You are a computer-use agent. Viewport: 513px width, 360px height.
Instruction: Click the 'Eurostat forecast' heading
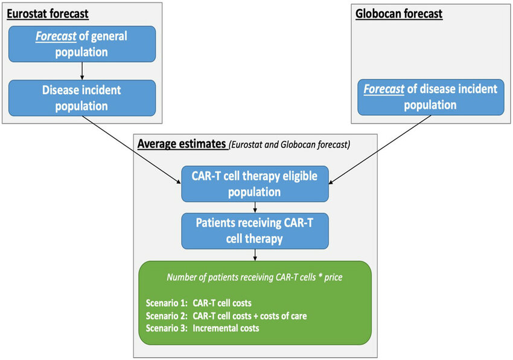pyautogui.click(x=48, y=14)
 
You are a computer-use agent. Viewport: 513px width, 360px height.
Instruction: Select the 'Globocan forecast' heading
pyautogui.click(x=399, y=14)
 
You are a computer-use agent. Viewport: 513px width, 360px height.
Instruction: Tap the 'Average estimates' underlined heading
pyautogui.click(x=182, y=144)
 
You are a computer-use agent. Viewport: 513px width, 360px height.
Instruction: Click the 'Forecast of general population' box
pyautogui.click(x=82, y=44)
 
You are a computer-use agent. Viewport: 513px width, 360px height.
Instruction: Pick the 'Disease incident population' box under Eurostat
pyautogui.click(x=82, y=98)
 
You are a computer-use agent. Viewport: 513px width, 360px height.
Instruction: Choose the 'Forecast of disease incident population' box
pyautogui.click(x=430, y=97)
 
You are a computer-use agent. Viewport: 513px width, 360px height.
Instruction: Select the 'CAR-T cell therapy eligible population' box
pyautogui.click(x=255, y=184)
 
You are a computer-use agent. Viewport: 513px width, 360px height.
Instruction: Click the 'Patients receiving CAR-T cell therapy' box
pyautogui.click(x=255, y=231)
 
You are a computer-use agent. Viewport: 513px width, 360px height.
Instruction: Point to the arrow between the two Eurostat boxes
pyautogui.click(x=82, y=71)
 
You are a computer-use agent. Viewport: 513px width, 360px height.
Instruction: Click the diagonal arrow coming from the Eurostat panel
pyautogui.click(x=132, y=150)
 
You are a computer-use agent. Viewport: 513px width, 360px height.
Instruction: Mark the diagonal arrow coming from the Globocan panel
pyautogui.click(x=380, y=149)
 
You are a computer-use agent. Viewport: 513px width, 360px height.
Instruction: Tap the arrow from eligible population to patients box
pyautogui.click(x=255, y=207)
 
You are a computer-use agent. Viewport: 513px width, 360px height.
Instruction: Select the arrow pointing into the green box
pyautogui.click(x=255, y=255)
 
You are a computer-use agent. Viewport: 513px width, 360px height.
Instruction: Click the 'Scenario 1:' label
pyautogui.click(x=167, y=303)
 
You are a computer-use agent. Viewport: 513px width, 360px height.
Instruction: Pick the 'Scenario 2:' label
pyautogui.click(x=167, y=316)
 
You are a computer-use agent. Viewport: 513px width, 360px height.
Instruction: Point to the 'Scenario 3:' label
pyautogui.click(x=167, y=328)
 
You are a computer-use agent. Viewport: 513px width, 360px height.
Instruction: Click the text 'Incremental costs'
pyautogui.click(x=226, y=328)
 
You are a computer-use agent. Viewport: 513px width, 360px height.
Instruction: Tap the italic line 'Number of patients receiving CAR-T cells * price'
pyautogui.click(x=255, y=277)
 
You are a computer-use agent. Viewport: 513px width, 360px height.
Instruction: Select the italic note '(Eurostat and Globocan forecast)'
pyautogui.click(x=289, y=144)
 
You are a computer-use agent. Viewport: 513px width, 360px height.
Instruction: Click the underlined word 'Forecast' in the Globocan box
pyautogui.click(x=384, y=89)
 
